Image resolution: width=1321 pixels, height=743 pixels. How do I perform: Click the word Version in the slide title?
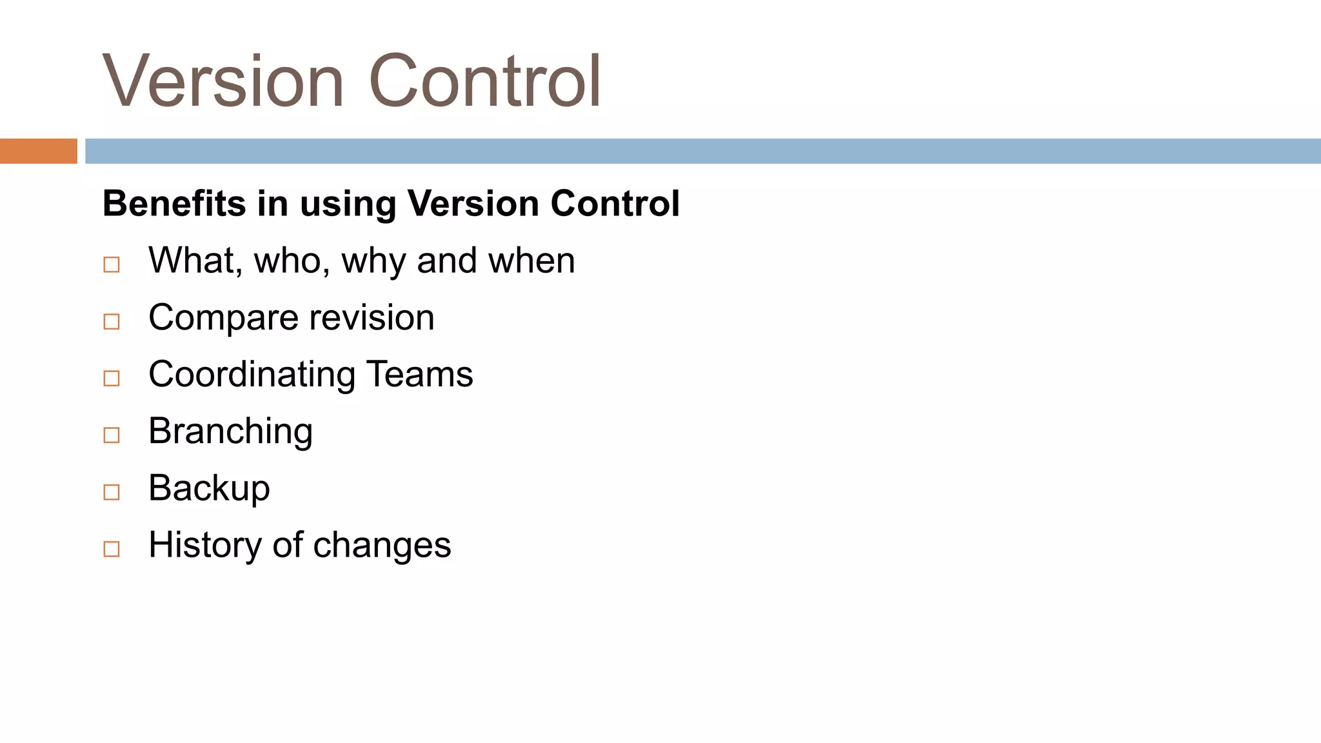223,82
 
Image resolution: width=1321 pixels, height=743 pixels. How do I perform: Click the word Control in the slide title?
485,82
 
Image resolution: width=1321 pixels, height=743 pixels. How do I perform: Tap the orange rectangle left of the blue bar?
38,151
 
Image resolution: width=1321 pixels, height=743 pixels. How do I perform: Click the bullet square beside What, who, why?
112,264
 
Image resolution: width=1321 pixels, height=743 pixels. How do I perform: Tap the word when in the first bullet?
531,261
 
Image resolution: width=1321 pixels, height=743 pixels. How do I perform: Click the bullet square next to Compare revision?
112,321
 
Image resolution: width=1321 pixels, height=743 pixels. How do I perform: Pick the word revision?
372,317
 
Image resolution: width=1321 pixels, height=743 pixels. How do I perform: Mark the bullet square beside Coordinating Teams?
112,378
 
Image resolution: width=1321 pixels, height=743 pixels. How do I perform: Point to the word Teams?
419,374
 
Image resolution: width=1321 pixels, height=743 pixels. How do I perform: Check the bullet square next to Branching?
112,435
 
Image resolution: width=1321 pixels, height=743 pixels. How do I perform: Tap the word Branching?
230,431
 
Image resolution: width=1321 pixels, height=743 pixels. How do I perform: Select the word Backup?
209,488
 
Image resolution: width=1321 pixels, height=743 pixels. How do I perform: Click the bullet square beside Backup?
112,492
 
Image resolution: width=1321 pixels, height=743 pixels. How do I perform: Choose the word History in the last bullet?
206,544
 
